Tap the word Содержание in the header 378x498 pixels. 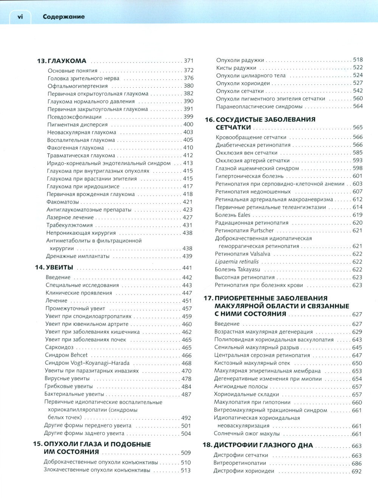coord(64,17)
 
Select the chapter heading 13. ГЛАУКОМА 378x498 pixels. coord(62,61)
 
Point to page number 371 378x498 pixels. coord(188,61)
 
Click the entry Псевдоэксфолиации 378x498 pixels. coord(74,117)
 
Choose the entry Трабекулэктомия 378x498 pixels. coord(70,225)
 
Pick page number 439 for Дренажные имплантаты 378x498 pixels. coord(187,256)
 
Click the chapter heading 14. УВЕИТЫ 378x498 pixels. coord(54,268)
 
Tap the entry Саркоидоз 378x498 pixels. coord(59,347)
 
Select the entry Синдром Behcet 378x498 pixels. coord(66,355)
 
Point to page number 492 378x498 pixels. coord(186,418)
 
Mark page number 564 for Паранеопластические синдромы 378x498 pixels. coord(358,106)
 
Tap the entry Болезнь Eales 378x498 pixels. coord(233,215)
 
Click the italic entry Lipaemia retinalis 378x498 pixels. coord(237,262)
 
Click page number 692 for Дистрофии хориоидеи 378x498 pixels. coord(356,471)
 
